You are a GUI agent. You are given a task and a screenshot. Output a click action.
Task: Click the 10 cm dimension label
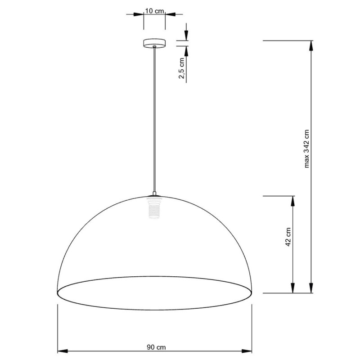154,11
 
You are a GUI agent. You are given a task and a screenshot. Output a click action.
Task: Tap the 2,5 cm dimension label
182,68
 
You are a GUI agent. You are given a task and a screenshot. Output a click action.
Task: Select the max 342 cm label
306,149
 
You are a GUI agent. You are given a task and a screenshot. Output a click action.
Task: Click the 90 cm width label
156,347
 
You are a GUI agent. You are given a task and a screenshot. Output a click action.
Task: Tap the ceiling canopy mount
154,43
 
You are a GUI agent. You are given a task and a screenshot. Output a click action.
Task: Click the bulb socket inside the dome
154,208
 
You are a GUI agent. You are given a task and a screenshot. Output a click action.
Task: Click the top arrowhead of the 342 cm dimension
311,46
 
